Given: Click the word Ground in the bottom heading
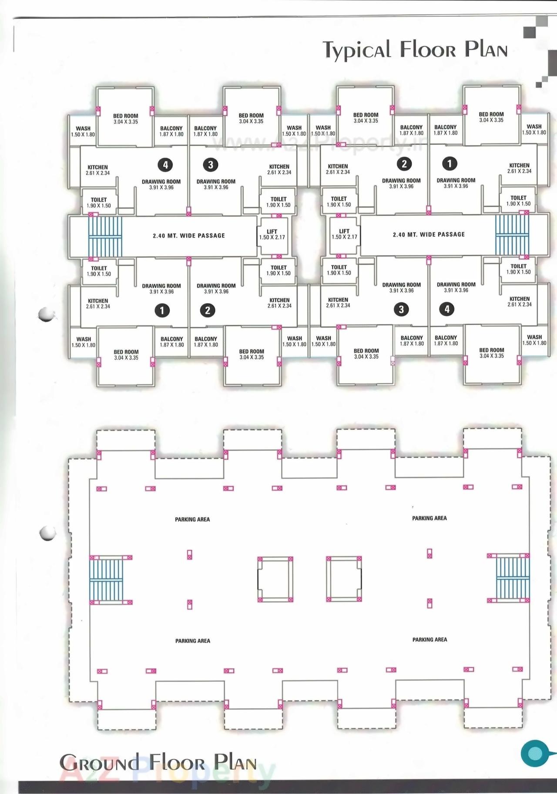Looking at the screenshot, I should tap(99, 763).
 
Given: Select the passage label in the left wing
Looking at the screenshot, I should tap(189, 236).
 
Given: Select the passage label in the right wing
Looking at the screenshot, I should tap(429, 234).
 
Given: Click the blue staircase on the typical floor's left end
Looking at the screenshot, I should tap(105, 237).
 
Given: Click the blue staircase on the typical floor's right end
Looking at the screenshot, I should tap(512, 235).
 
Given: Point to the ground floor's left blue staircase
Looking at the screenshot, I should tap(107, 580).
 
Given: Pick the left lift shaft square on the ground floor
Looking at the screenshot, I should tap(275, 579).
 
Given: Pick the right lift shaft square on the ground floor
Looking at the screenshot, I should tap(344, 578).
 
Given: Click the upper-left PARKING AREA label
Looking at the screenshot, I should tap(192, 519).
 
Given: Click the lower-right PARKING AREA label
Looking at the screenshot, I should tap(429, 640).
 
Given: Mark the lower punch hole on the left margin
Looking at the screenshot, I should tap(47, 533).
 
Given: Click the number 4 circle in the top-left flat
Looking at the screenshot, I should tap(165, 165).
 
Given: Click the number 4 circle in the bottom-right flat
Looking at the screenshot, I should tap(446, 309).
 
